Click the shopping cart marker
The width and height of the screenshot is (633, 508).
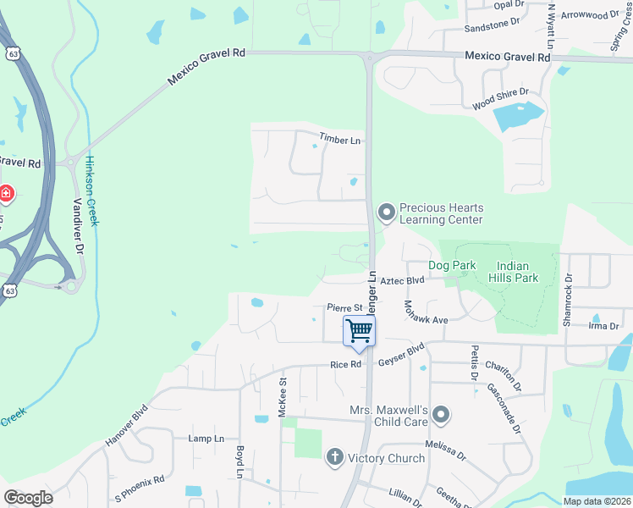click(x=360, y=331)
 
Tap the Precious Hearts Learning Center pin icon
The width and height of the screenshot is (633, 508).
click(x=387, y=213)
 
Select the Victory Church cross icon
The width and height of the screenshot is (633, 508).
click(x=334, y=458)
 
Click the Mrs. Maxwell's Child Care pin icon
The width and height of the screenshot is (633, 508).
click(x=440, y=415)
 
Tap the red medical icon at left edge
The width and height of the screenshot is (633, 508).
click(x=7, y=194)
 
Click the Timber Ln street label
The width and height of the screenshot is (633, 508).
click(x=339, y=139)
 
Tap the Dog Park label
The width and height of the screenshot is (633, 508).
click(x=452, y=265)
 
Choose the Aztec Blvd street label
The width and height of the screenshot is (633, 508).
click(x=401, y=280)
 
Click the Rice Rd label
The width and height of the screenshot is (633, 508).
click(x=345, y=365)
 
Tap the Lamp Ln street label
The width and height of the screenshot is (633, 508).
click(x=206, y=439)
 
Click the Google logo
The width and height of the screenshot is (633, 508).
click(x=28, y=498)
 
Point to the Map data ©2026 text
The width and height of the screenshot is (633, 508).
click(x=596, y=501)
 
